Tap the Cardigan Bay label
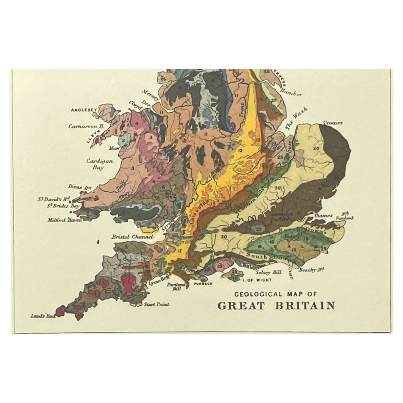95,164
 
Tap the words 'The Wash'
296,118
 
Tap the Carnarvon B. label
86,126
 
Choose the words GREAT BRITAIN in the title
276,305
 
